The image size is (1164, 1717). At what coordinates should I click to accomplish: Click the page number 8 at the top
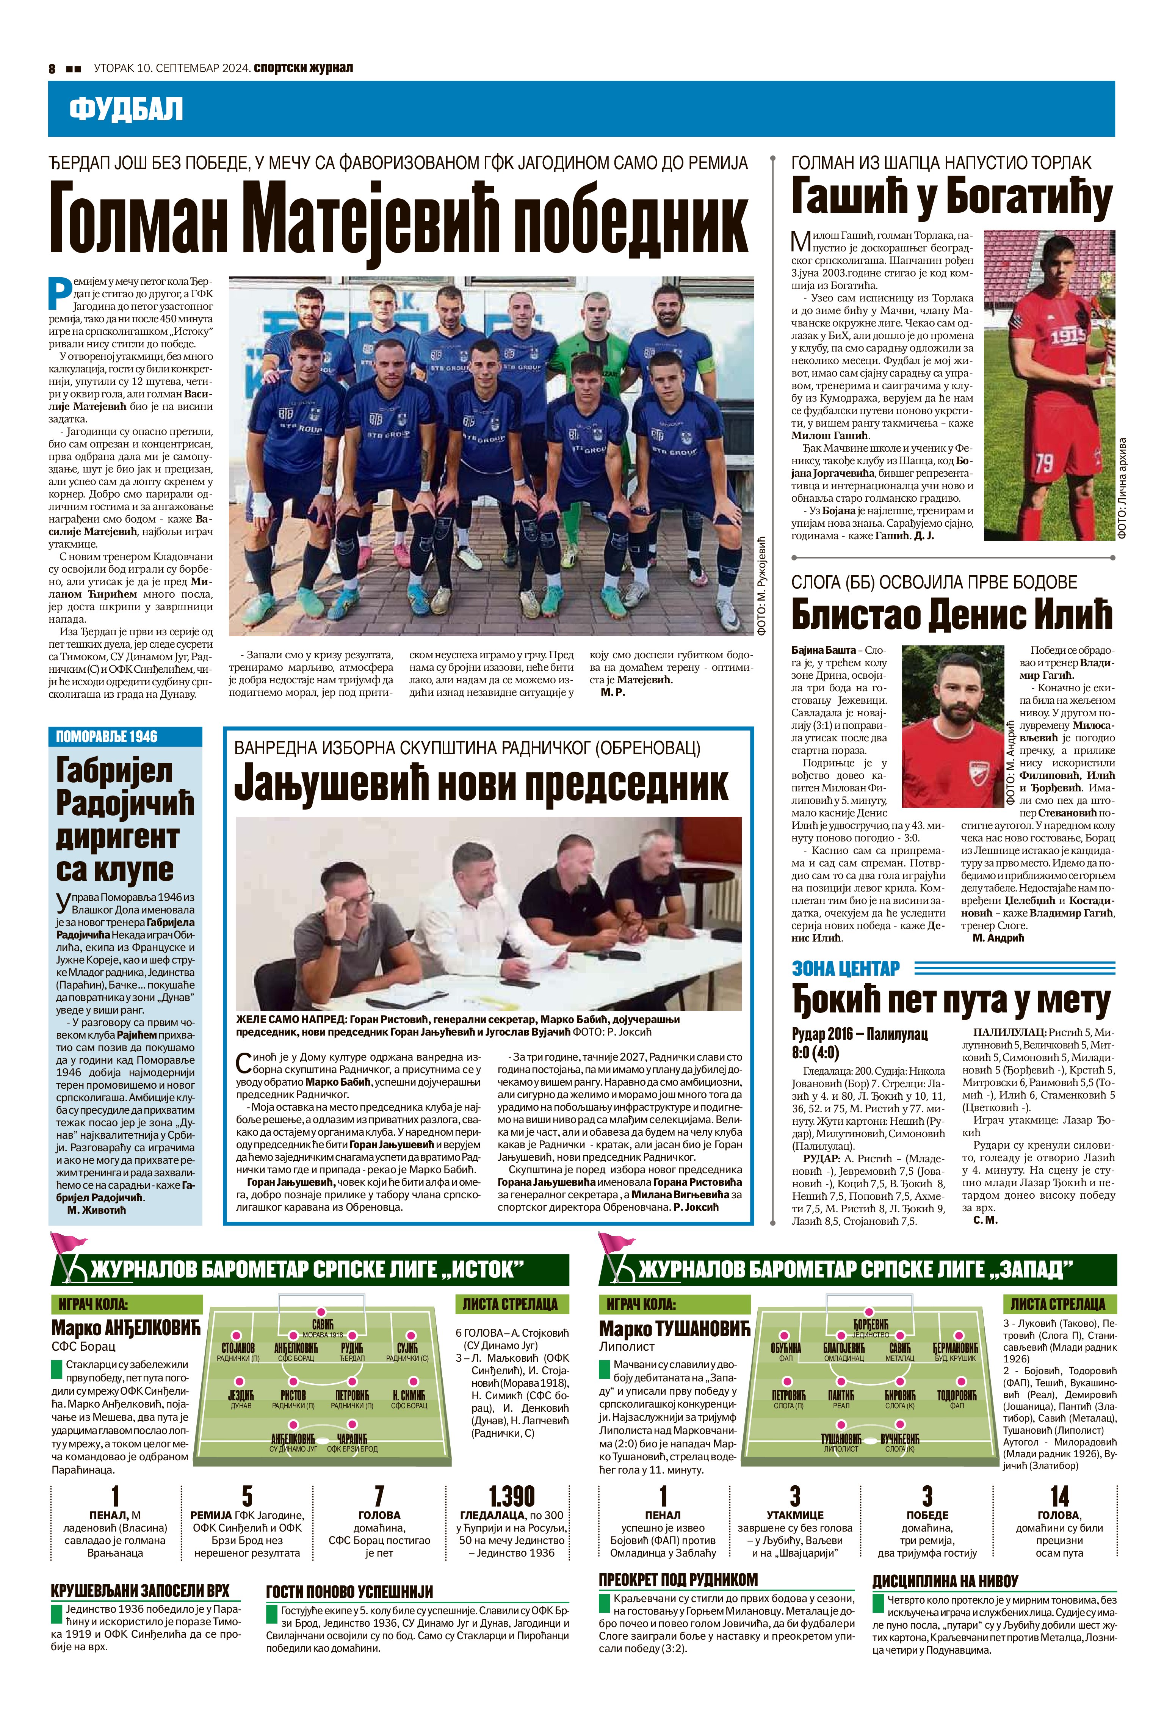(52, 69)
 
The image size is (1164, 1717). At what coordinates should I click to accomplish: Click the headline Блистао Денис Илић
(951, 613)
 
